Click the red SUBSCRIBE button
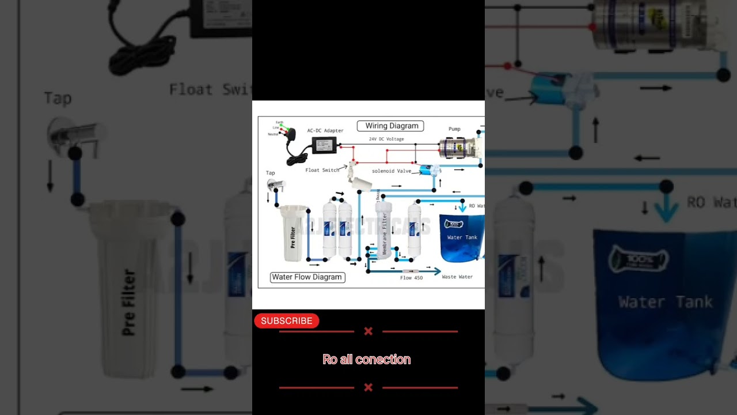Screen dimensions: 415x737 click(x=286, y=321)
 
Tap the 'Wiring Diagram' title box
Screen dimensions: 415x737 click(x=390, y=126)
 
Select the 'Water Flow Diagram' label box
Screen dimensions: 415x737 click(x=307, y=277)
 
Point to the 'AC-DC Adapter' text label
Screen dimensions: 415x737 click(x=325, y=131)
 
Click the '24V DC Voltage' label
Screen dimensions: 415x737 click(x=386, y=139)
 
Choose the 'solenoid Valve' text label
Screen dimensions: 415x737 click(x=392, y=171)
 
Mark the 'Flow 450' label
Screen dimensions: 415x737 click(x=411, y=278)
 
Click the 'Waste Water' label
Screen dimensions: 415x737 click(x=457, y=277)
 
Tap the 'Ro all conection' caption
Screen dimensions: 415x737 click(x=367, y=360)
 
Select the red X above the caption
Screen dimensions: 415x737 click(x=368, y=331)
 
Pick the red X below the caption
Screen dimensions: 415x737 click(x=368, y=387)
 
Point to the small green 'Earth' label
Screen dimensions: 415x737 click(x=279, y=123)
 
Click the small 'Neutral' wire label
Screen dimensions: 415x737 click(x=272, y=134)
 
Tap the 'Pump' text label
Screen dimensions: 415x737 click(x=454, y=129)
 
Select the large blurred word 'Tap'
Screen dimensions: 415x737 click(x=58, y=99)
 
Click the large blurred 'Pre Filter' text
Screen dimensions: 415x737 click(x=129, y=303)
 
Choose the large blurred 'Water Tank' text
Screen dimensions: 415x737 click(x=665, y=302)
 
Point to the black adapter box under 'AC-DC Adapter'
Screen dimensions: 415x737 click(x=325, y=145)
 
